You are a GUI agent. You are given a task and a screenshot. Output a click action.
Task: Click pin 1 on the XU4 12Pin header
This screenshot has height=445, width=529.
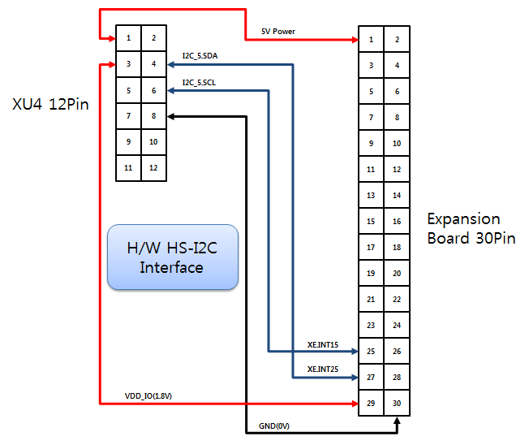[128, 38]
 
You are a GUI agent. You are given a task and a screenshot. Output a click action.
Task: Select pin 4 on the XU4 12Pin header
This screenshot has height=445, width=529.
[153, 64]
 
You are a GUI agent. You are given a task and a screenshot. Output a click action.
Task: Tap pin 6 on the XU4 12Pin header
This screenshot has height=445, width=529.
[153, 90]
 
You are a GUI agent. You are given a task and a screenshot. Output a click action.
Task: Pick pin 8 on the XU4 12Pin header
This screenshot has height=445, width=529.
[153, 116]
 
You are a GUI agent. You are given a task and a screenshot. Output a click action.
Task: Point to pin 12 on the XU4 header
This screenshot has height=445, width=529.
[153, 168]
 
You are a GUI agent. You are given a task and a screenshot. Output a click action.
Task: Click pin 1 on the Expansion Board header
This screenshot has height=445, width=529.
[371, 39]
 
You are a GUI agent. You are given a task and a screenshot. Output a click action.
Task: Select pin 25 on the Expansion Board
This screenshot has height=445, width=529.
[371, 352]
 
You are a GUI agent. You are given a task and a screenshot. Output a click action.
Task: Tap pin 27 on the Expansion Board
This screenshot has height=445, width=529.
[371, 378]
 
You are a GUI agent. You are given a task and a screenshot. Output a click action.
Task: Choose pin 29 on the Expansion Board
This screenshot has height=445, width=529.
[371, 404]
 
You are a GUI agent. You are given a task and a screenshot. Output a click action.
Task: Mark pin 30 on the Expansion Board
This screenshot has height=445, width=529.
[397, 404]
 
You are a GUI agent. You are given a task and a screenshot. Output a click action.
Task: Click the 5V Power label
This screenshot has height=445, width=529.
[277, 32]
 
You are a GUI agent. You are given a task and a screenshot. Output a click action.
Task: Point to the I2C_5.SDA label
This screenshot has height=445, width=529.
[200, 56]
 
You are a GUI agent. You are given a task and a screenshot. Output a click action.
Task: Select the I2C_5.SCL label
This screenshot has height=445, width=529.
[199, 82]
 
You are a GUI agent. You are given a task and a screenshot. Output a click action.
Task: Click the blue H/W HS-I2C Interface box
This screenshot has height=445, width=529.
[172, 257]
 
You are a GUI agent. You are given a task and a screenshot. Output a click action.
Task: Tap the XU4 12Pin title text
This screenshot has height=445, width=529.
[50, 104]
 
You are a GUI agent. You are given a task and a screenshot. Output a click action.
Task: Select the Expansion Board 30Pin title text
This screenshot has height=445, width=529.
[471, 228]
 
